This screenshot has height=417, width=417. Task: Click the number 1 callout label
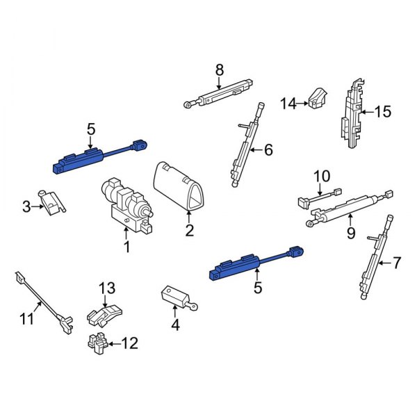(126, 247)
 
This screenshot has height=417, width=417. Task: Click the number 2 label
(189, 230)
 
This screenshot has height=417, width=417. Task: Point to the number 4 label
(175, 325)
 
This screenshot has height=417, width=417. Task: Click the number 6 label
(268, 149)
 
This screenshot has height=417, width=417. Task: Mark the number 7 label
(397, 263)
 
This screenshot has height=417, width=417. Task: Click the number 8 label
(220, 69)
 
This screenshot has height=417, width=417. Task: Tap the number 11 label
(26, 320)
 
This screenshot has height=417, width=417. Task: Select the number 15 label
(383, 111)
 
